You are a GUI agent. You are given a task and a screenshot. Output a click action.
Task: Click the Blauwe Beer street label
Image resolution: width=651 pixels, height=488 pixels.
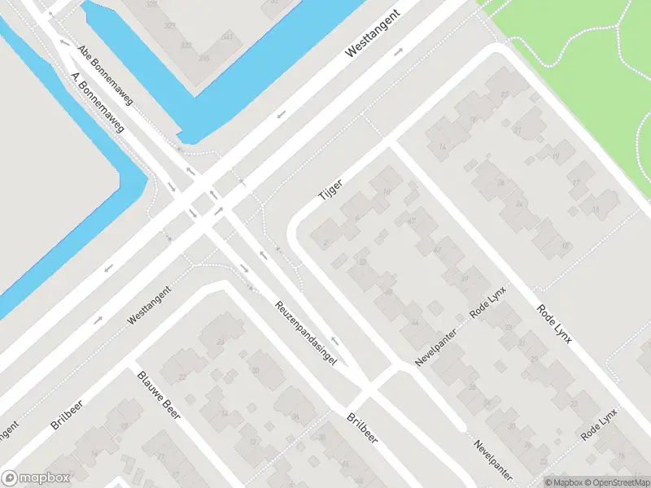[158, 396]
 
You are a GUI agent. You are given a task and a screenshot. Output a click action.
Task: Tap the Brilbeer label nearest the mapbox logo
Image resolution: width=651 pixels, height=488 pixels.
[66, 413]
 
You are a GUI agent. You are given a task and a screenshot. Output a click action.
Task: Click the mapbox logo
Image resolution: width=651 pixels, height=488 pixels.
[36, 478]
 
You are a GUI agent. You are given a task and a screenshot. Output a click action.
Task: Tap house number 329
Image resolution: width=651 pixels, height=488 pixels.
[171, 26]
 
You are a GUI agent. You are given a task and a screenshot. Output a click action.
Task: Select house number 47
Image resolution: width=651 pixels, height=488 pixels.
[411, 220]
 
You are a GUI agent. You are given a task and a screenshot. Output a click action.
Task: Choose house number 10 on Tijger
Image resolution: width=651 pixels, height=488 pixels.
[386, 191]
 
